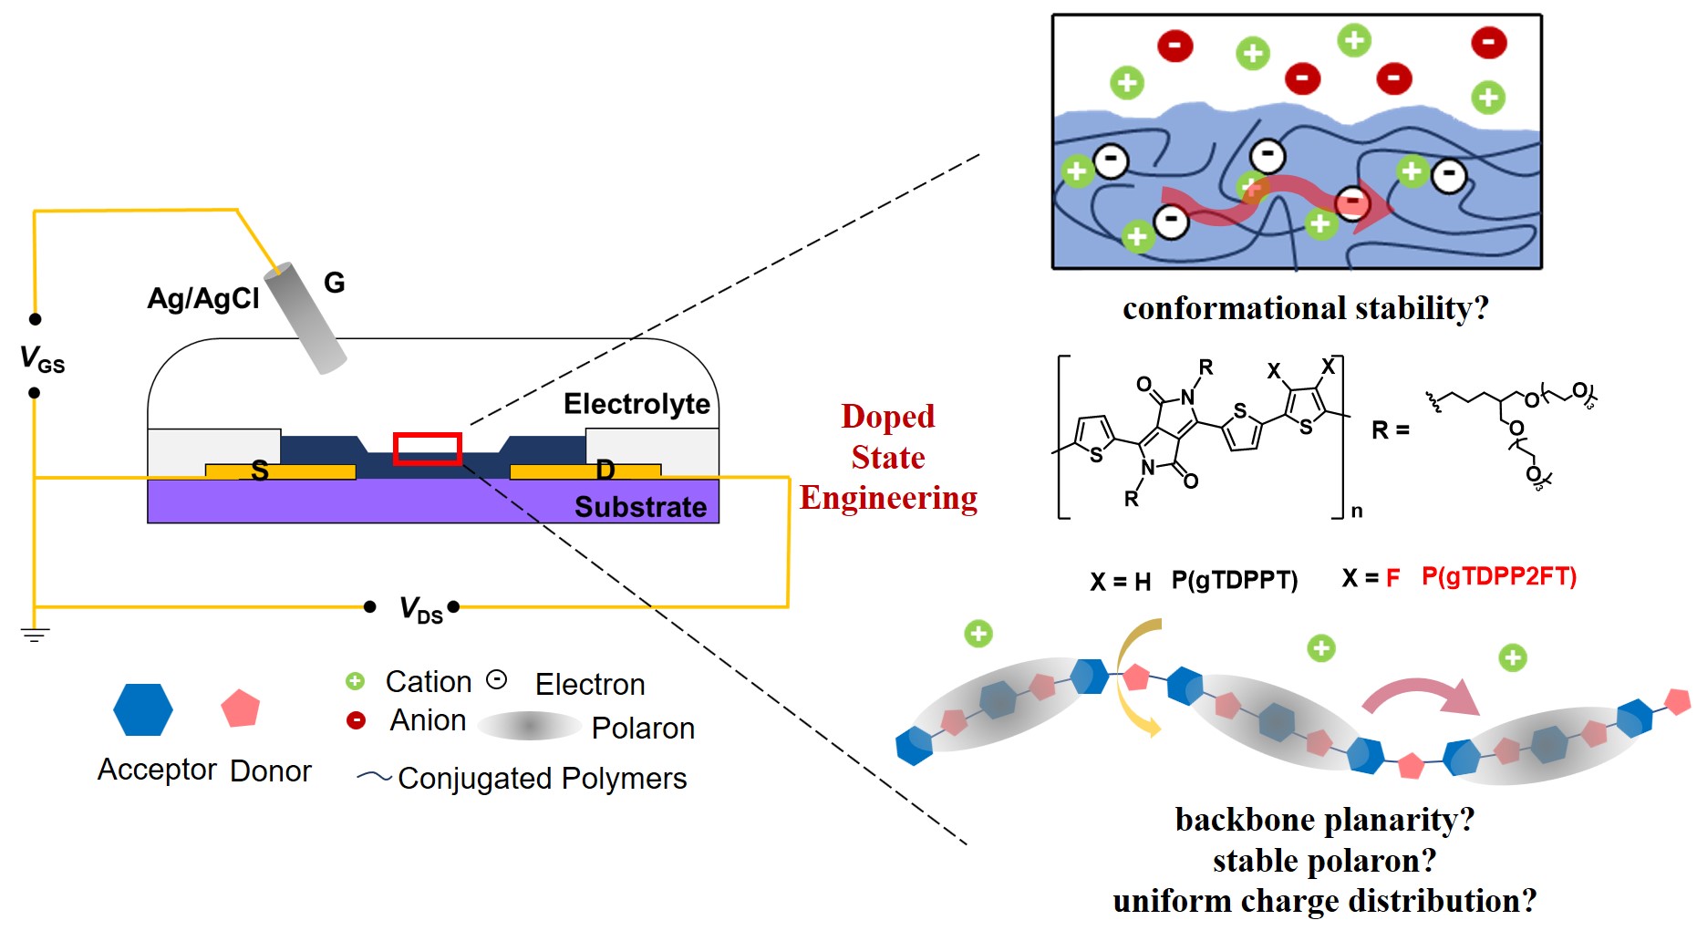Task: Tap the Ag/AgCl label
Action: tap(203, 298)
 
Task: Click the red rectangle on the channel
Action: tap(427, 449)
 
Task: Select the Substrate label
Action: tap(640, 507)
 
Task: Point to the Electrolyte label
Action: tap(636, 403)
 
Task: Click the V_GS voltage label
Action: tap(42, 358)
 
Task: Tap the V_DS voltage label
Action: tap(420, 609)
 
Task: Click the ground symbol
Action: tap(35, 635)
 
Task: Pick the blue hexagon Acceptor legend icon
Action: tap(143, 709)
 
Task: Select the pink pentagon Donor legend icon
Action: tap(241, 708)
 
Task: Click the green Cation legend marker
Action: tap(355, 681)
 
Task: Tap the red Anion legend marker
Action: tap(356, 720)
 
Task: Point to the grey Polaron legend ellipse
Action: tap(529, 726)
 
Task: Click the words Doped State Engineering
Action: tap(888, 457)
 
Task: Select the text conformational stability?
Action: tap(1305, 308)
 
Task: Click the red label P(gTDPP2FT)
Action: tap(1498, 576)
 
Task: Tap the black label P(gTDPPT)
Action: tap(1234, 580)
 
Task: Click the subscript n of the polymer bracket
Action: tap(1357, 512)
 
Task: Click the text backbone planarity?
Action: tap(1324, 820)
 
